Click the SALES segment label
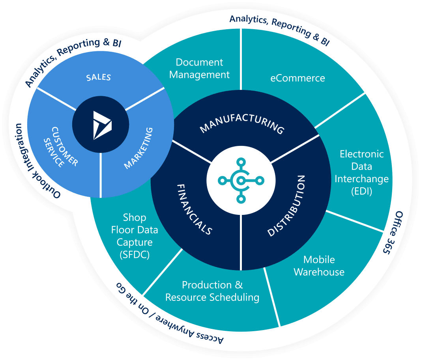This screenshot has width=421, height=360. tap(99, 77)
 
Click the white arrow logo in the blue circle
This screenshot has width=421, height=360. tap(102, 125)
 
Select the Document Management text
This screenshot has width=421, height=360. tap(199, 68)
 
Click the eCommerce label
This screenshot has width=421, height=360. tap(298, 78)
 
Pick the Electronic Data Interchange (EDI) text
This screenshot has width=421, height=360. tap(361, 172)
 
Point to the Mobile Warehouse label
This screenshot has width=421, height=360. tap(319, 266)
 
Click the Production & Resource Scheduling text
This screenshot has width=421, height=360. tap(212, 291)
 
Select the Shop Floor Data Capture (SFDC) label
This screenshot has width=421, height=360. tap(135, 236)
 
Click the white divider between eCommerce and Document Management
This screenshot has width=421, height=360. tap(241, 59)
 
